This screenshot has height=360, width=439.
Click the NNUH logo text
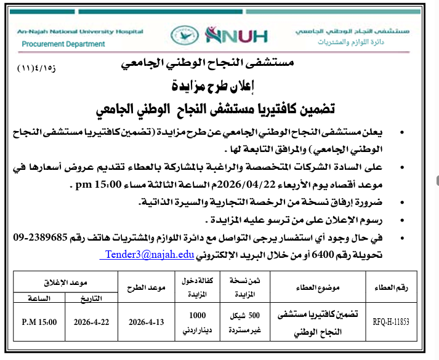tap(236, 36)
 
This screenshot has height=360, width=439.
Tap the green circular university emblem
tap(180, 36)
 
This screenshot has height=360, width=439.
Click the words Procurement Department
tap(63, 44)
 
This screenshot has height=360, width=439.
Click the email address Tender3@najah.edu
tap(150, 254)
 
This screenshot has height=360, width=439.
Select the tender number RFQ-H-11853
tap(391, 322)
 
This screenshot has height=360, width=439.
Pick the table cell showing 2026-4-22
tap(91, 322)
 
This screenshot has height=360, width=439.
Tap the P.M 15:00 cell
tap(39, 322)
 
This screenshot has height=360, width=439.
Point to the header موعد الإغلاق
tap(65, 280)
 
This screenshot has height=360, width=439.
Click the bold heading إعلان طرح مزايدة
tap(218, 85)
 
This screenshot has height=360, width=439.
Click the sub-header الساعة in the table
tap(39, 297)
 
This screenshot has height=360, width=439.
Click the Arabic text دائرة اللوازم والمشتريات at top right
tap(359, 43)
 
